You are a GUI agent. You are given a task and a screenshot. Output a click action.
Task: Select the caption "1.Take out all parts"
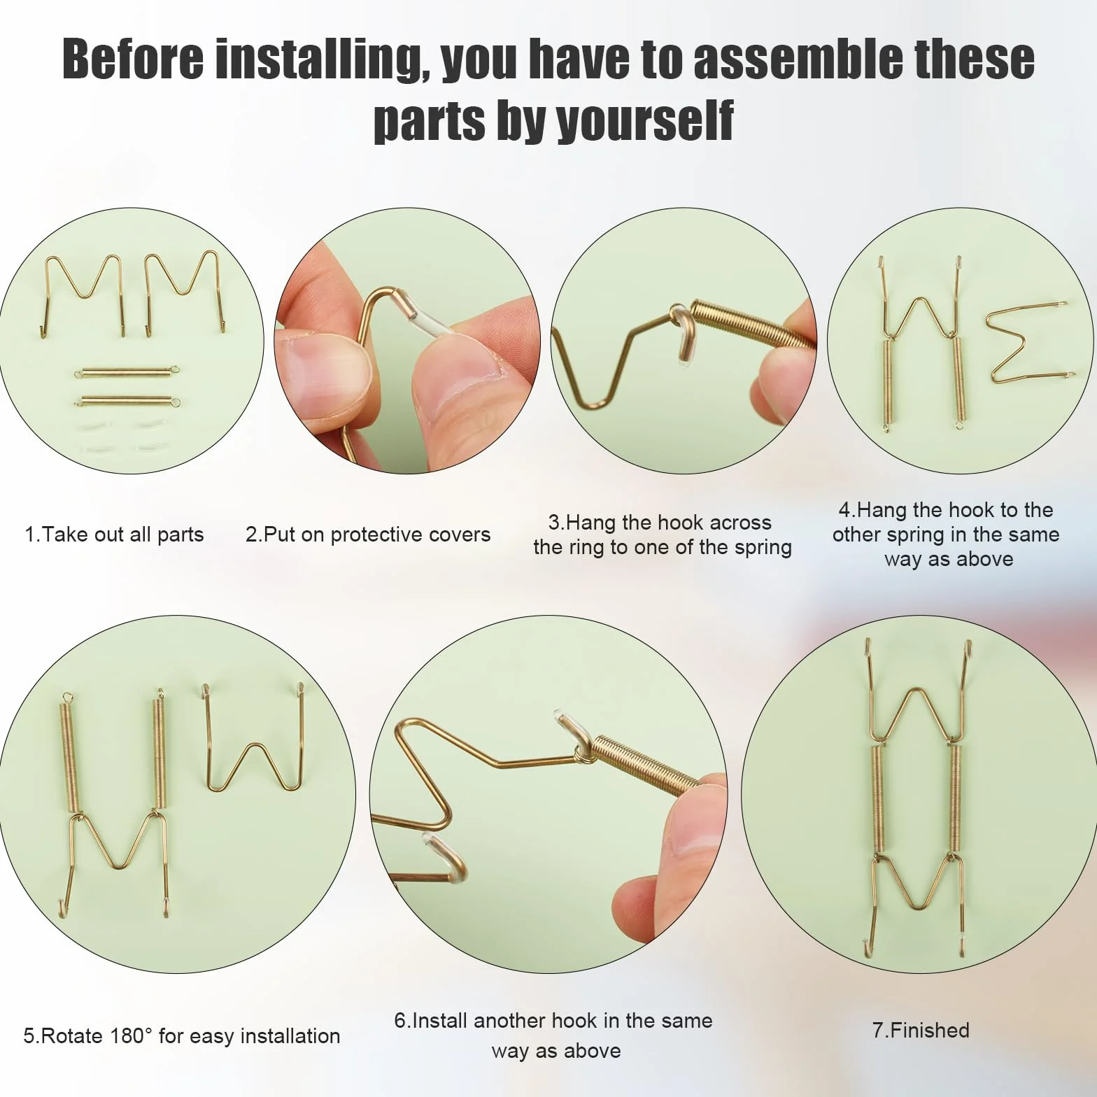[114, 535]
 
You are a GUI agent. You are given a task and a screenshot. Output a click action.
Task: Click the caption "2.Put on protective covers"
[368, 535]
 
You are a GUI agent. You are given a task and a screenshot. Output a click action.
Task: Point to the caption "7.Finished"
[921, 1030]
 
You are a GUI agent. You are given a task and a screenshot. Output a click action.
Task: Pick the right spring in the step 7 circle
[956, 798]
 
